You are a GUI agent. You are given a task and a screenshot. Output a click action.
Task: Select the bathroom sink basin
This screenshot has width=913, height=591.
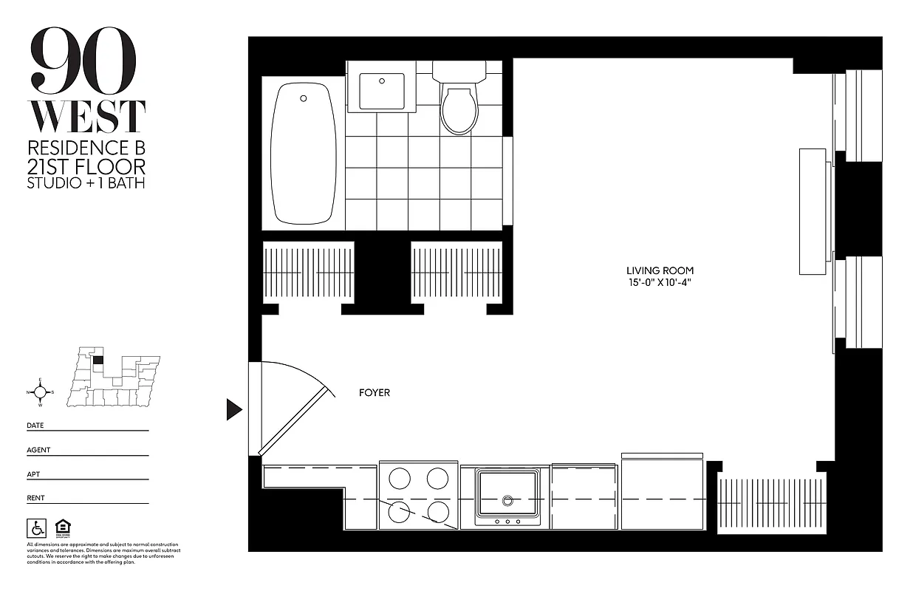381,91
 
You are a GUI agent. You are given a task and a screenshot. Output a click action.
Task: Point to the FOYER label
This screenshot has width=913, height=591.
374,392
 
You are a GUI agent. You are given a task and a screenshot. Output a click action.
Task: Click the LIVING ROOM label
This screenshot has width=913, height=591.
660,270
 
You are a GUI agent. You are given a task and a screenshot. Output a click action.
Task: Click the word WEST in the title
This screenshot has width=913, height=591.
86,117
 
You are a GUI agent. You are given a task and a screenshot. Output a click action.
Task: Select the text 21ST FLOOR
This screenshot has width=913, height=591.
86,166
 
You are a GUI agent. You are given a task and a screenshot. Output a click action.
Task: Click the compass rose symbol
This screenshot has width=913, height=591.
40,392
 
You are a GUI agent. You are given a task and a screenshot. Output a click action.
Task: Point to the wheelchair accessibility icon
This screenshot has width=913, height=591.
35,527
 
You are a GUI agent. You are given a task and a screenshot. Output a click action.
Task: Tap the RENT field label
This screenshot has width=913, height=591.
35,498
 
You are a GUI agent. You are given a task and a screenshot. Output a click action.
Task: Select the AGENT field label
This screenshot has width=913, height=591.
38,450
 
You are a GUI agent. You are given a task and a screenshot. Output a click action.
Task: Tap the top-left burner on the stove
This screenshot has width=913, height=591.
400,479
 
